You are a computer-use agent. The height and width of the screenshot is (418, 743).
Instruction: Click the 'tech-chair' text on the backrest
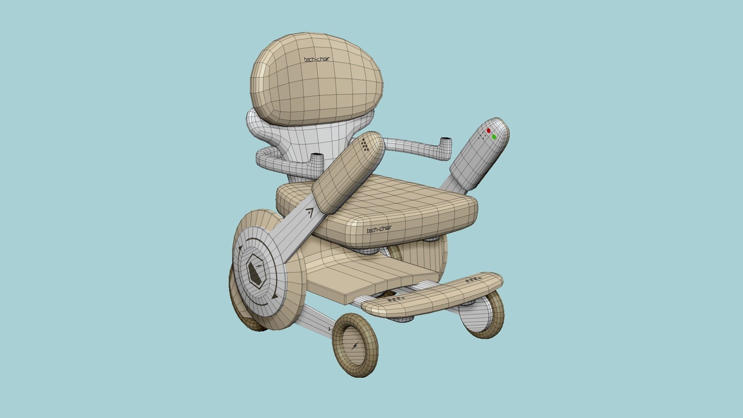[x=317, y=60]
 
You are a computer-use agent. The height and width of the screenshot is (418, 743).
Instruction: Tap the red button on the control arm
[x=488, y=131]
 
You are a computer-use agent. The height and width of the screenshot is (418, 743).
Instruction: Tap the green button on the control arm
[x=494, y=137]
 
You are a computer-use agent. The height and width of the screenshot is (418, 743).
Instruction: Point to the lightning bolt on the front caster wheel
[x=354, y=346]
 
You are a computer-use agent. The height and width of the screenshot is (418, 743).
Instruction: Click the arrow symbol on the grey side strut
[x=309, y=212]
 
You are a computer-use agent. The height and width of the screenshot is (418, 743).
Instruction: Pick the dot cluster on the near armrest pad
[x=365, y=145]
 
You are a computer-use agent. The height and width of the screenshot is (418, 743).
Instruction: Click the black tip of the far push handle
[x=446, y=139]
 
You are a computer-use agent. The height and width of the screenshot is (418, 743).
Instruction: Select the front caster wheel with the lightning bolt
[x=355, y=346]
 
